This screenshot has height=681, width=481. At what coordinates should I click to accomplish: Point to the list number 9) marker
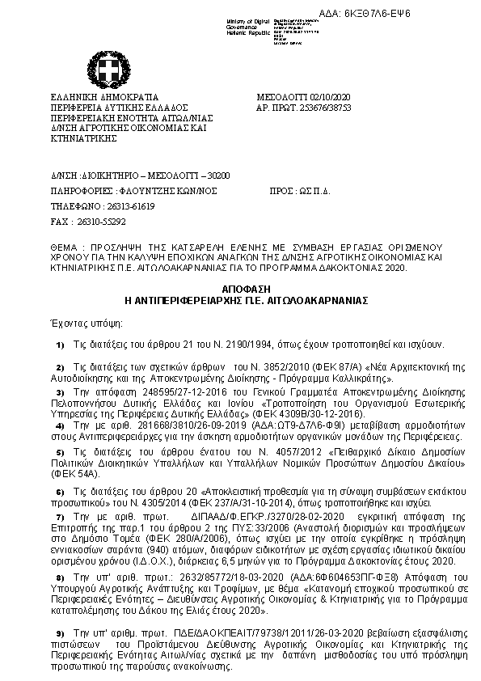click(x=60, y=634)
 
